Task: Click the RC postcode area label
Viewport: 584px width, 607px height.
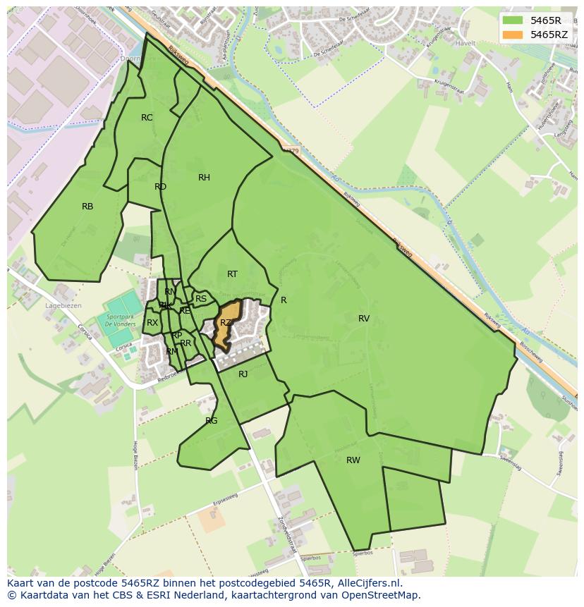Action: (147, 118)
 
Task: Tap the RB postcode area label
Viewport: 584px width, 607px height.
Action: (87, 207)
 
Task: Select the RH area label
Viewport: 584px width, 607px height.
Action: (204, 178)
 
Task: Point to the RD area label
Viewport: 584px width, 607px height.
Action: (160, 187)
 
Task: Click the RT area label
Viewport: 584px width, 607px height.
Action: (232, 274)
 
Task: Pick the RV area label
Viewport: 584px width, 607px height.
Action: (364, 319)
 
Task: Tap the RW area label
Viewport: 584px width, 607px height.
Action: (353, 460)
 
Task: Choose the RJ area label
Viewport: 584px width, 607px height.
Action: (243, 374)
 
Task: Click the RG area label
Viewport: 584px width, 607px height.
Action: (212, 421)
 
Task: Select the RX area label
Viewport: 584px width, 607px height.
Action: (152, 323)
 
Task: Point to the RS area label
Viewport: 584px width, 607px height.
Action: (201, 299)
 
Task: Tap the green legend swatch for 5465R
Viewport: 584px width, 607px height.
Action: (513, 20)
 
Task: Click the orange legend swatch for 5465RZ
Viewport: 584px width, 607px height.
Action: (513, 35)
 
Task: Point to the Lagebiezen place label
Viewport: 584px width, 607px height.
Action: (63, 306)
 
